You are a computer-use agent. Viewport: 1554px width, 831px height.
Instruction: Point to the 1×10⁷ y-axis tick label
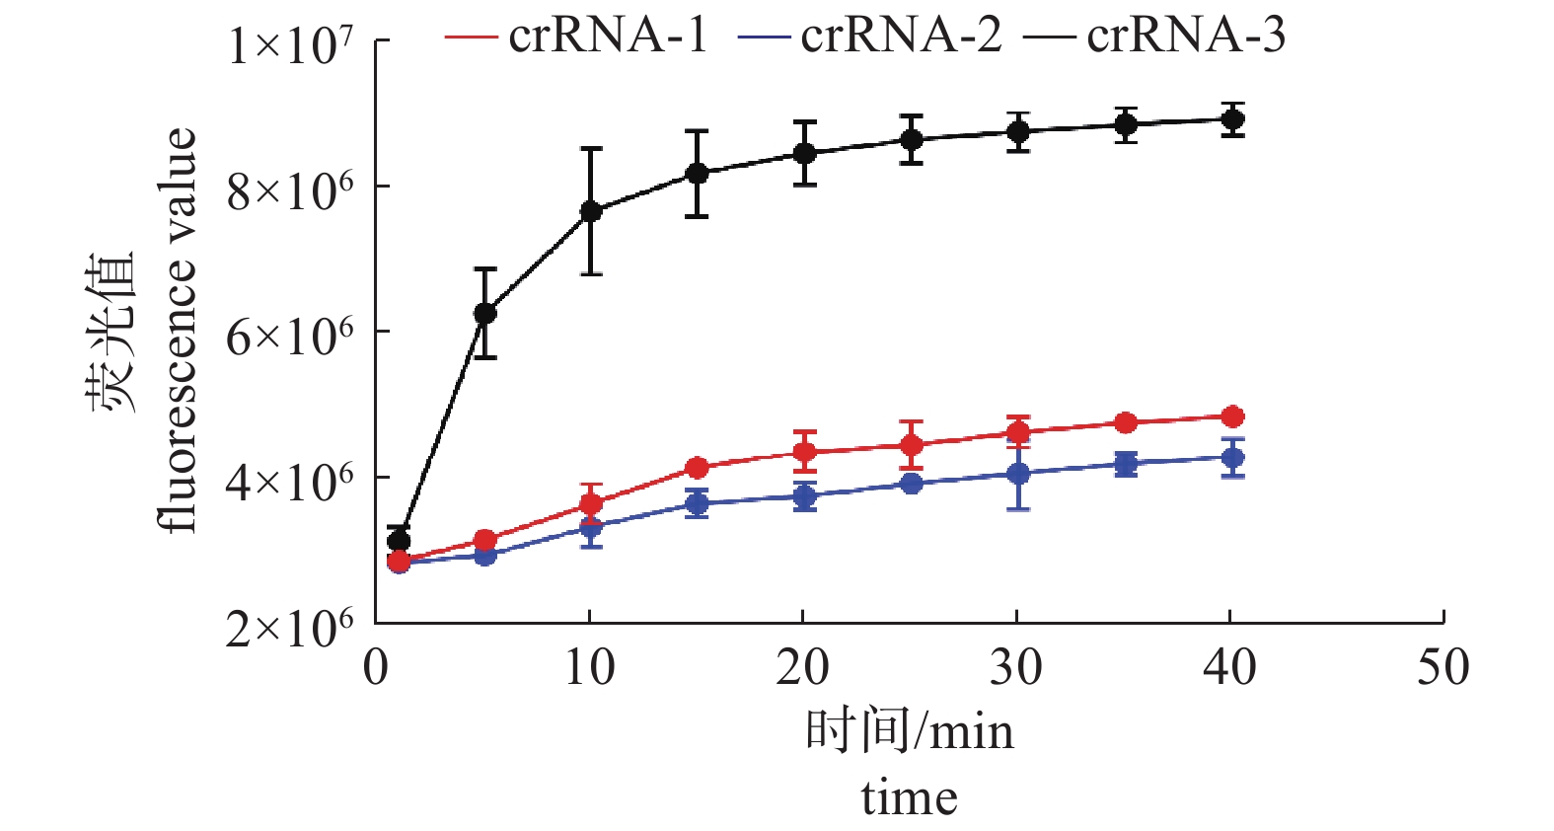pyautogui.click(x=289, y=44)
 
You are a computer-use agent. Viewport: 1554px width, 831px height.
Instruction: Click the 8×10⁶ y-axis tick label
pyautogui.click(x=289, y=190)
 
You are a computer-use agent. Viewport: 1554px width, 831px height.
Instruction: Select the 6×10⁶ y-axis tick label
pyautogui.click(x=289, y=337)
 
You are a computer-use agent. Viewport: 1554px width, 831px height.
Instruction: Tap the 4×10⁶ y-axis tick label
pyautogui.click(x=289, y=482)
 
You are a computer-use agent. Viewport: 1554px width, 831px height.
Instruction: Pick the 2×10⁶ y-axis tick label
pyautogui.click(x=289, y=628)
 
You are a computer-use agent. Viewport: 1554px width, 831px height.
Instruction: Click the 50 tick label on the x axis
pyautogui.click(x=1443, y=668)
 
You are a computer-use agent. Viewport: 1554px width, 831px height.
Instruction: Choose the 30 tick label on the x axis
pyautogui.click(x=1016, y=668)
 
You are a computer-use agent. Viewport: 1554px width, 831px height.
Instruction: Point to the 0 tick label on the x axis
pyautogui.click(x=376, y=668)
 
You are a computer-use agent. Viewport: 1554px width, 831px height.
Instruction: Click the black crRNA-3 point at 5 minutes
pyautogui.click(x=484, y=313)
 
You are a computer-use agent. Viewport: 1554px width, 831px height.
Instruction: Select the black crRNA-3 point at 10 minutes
pyautogui.click(x=591, y=211)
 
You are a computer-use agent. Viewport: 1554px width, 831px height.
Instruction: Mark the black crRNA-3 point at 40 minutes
pyautogui.click(x=1231, y=119)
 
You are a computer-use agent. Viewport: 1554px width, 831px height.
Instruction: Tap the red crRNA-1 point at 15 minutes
pyautogui.click(x=698, y=467)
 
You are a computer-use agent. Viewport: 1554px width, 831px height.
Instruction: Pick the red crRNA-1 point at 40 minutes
pyautogui.click(x=1231, y=416)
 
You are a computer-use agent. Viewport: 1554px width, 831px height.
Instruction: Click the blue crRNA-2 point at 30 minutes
pyautogui.click(x=1018, y=474)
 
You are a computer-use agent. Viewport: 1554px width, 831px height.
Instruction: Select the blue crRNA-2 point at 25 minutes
pyautogui.click(x=912, y=483)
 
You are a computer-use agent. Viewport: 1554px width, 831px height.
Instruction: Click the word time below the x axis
pyautogui.click(x=909, y=797)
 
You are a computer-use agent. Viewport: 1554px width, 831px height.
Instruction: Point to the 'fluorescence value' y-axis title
pyautogui.click(x=178, y=331)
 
